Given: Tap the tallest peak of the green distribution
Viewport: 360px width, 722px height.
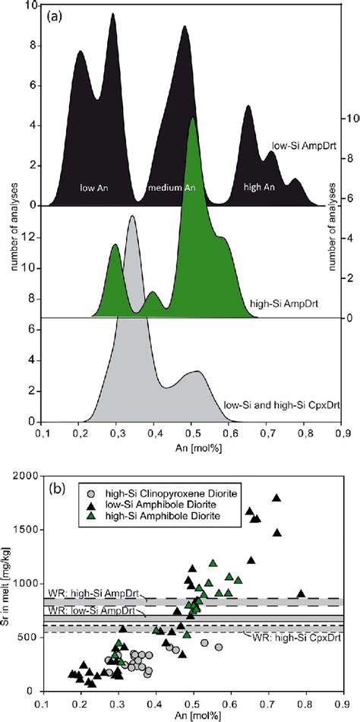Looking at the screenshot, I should coord(193,119).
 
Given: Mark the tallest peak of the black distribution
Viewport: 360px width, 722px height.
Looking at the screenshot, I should coord(113,14).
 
